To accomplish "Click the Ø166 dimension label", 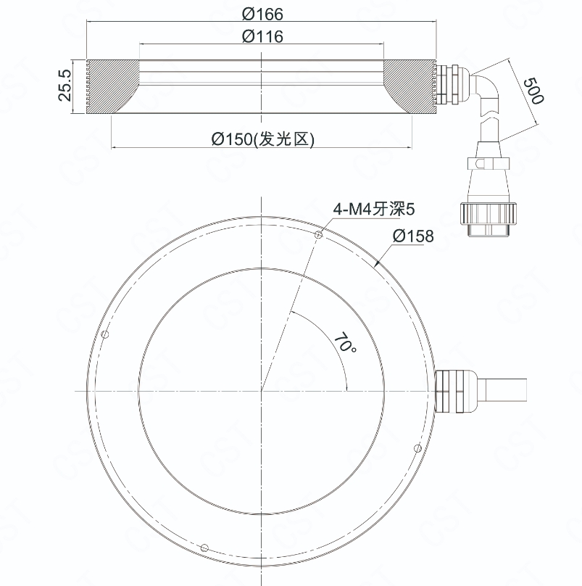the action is click(262, 15).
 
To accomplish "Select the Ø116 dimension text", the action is click(262, 36).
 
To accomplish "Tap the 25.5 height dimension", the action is click(65, 85).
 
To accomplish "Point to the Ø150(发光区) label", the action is click(262, 139).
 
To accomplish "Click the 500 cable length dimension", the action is click(533, 91).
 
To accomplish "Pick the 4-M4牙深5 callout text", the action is click(374, 209).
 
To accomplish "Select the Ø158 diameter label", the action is click(413, 236).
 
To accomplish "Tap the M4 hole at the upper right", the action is click(319, 235).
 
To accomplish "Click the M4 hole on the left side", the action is click(105, 334).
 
